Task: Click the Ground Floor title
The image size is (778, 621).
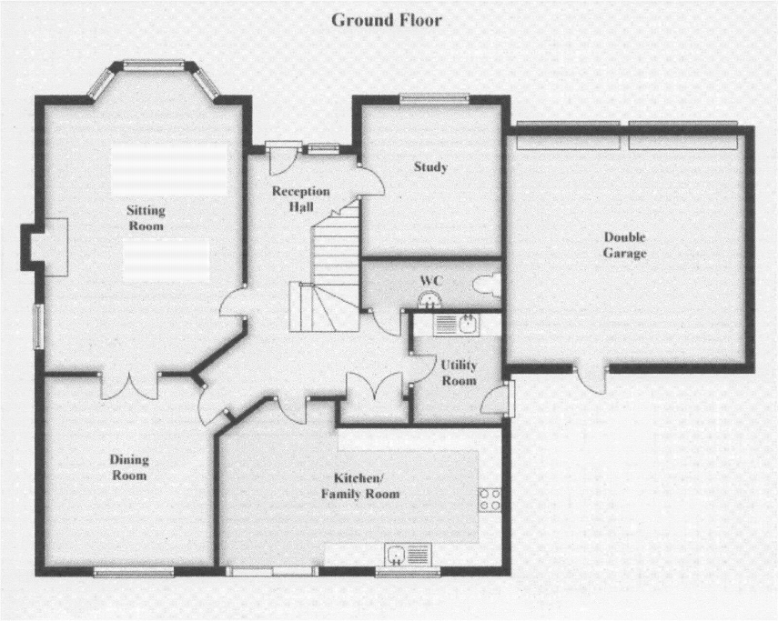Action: click(387, 20)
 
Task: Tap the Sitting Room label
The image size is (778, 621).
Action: click(146, 218)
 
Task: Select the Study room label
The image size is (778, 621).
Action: click(430, 167)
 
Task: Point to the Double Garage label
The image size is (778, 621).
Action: click(625, 245)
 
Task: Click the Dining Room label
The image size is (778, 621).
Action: click(129, 468)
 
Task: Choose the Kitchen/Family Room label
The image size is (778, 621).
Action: click(360, 486)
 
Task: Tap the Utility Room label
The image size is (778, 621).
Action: click(459, 373)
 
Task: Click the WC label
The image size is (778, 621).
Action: click(431, 281)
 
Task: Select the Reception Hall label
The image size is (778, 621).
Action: click(300, 199)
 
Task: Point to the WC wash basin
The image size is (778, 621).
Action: click(429, 300)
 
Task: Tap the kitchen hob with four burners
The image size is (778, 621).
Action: click(490, 499)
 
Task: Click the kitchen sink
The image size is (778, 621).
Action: click(408, 554)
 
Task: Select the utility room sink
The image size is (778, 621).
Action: click(457, 326)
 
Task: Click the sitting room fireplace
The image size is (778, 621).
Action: click(45, 247)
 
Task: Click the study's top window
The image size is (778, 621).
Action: click(434, 98)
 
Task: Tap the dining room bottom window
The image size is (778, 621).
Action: click(134, 573)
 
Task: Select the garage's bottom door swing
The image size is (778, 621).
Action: click(592, 380)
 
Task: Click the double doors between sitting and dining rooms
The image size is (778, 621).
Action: click(129, 386)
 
